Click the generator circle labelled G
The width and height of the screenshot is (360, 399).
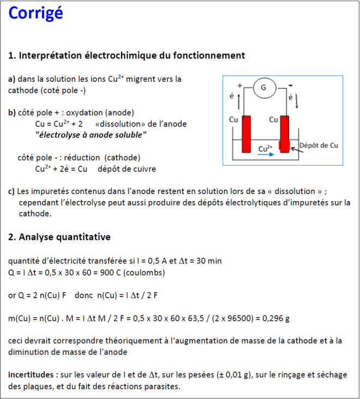(264, 88)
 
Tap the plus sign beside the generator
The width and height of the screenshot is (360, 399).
(239, 85)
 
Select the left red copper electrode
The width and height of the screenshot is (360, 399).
(246, 134)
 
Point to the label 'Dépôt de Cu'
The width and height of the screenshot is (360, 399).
(319, 146)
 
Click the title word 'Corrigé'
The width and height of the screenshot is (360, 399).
(36, 14)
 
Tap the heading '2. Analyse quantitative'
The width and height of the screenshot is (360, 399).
(59, 237)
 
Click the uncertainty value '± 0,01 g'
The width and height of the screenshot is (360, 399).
(231, 375)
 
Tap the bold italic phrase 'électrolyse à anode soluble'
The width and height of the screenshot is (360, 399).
(91, 135)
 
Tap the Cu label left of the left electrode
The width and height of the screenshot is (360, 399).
(233, 119)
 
